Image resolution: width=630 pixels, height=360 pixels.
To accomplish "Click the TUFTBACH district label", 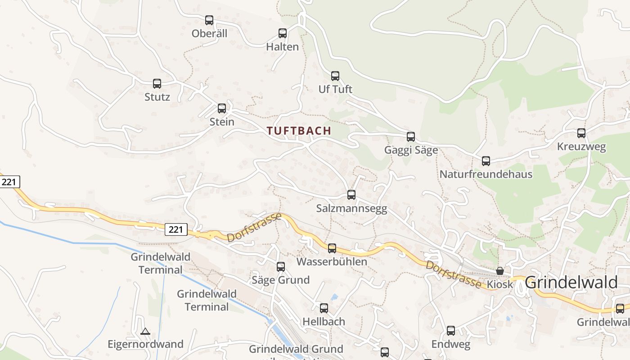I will click(299, 131).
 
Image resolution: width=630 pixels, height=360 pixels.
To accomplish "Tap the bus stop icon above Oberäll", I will click(209, 20).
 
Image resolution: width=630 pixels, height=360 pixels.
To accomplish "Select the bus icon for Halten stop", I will click(283, 33).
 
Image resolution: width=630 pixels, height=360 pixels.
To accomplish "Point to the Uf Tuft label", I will click(335, 89).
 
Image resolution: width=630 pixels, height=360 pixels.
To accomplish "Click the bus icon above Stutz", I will click(157, 84).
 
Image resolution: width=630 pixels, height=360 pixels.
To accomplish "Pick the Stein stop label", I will click(222, 121).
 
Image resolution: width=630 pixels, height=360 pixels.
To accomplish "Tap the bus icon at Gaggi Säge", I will click(411, 137).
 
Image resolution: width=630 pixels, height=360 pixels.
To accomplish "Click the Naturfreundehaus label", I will click(486, 174).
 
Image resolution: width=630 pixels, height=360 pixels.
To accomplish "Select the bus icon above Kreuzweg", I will click(581, 133).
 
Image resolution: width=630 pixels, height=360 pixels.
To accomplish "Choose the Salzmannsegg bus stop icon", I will click(351, 195).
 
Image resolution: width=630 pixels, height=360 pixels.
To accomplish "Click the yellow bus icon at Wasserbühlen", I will click(332, 248).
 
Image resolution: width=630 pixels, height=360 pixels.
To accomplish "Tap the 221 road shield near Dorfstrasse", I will click(176, 229).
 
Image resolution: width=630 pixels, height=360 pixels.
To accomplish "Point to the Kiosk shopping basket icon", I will click(500, 271).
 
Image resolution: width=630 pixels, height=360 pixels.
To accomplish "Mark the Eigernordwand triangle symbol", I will click(145, 332).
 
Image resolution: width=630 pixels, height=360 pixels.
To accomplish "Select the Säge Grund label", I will click(280, 280).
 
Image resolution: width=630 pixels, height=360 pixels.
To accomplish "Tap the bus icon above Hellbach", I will click(324, 308).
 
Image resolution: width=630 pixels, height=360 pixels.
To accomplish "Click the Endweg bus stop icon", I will click(451, 331).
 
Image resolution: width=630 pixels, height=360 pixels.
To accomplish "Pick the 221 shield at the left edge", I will click(9, 182).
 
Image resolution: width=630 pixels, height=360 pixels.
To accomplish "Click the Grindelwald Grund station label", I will click(296, 349).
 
